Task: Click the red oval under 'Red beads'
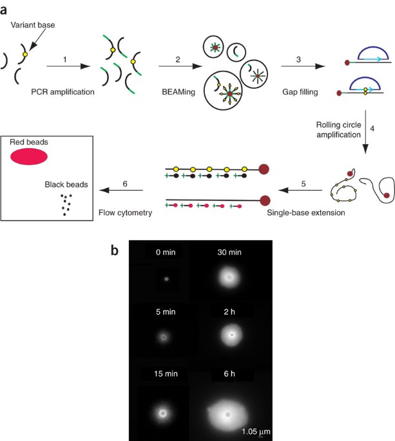29,156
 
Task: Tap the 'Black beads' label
72,183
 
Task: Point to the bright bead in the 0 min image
166,279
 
